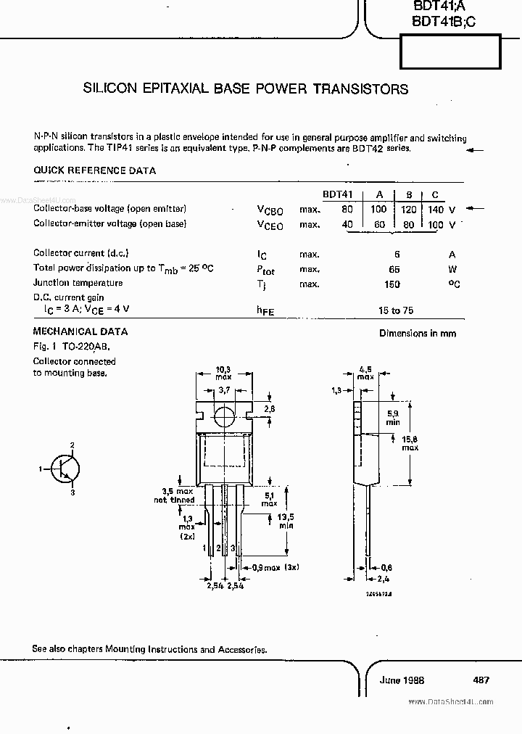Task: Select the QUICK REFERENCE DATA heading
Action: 94,170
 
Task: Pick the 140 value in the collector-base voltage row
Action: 434,209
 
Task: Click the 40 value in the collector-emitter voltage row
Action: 347,224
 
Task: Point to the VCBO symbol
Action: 270,210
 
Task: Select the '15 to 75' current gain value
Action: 396,310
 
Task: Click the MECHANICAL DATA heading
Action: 80,331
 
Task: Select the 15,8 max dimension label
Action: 410,442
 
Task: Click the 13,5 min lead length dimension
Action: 287,521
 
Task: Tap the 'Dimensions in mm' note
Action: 418,333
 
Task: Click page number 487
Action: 480,680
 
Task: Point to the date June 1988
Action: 402,680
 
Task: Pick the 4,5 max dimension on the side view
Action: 365,371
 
